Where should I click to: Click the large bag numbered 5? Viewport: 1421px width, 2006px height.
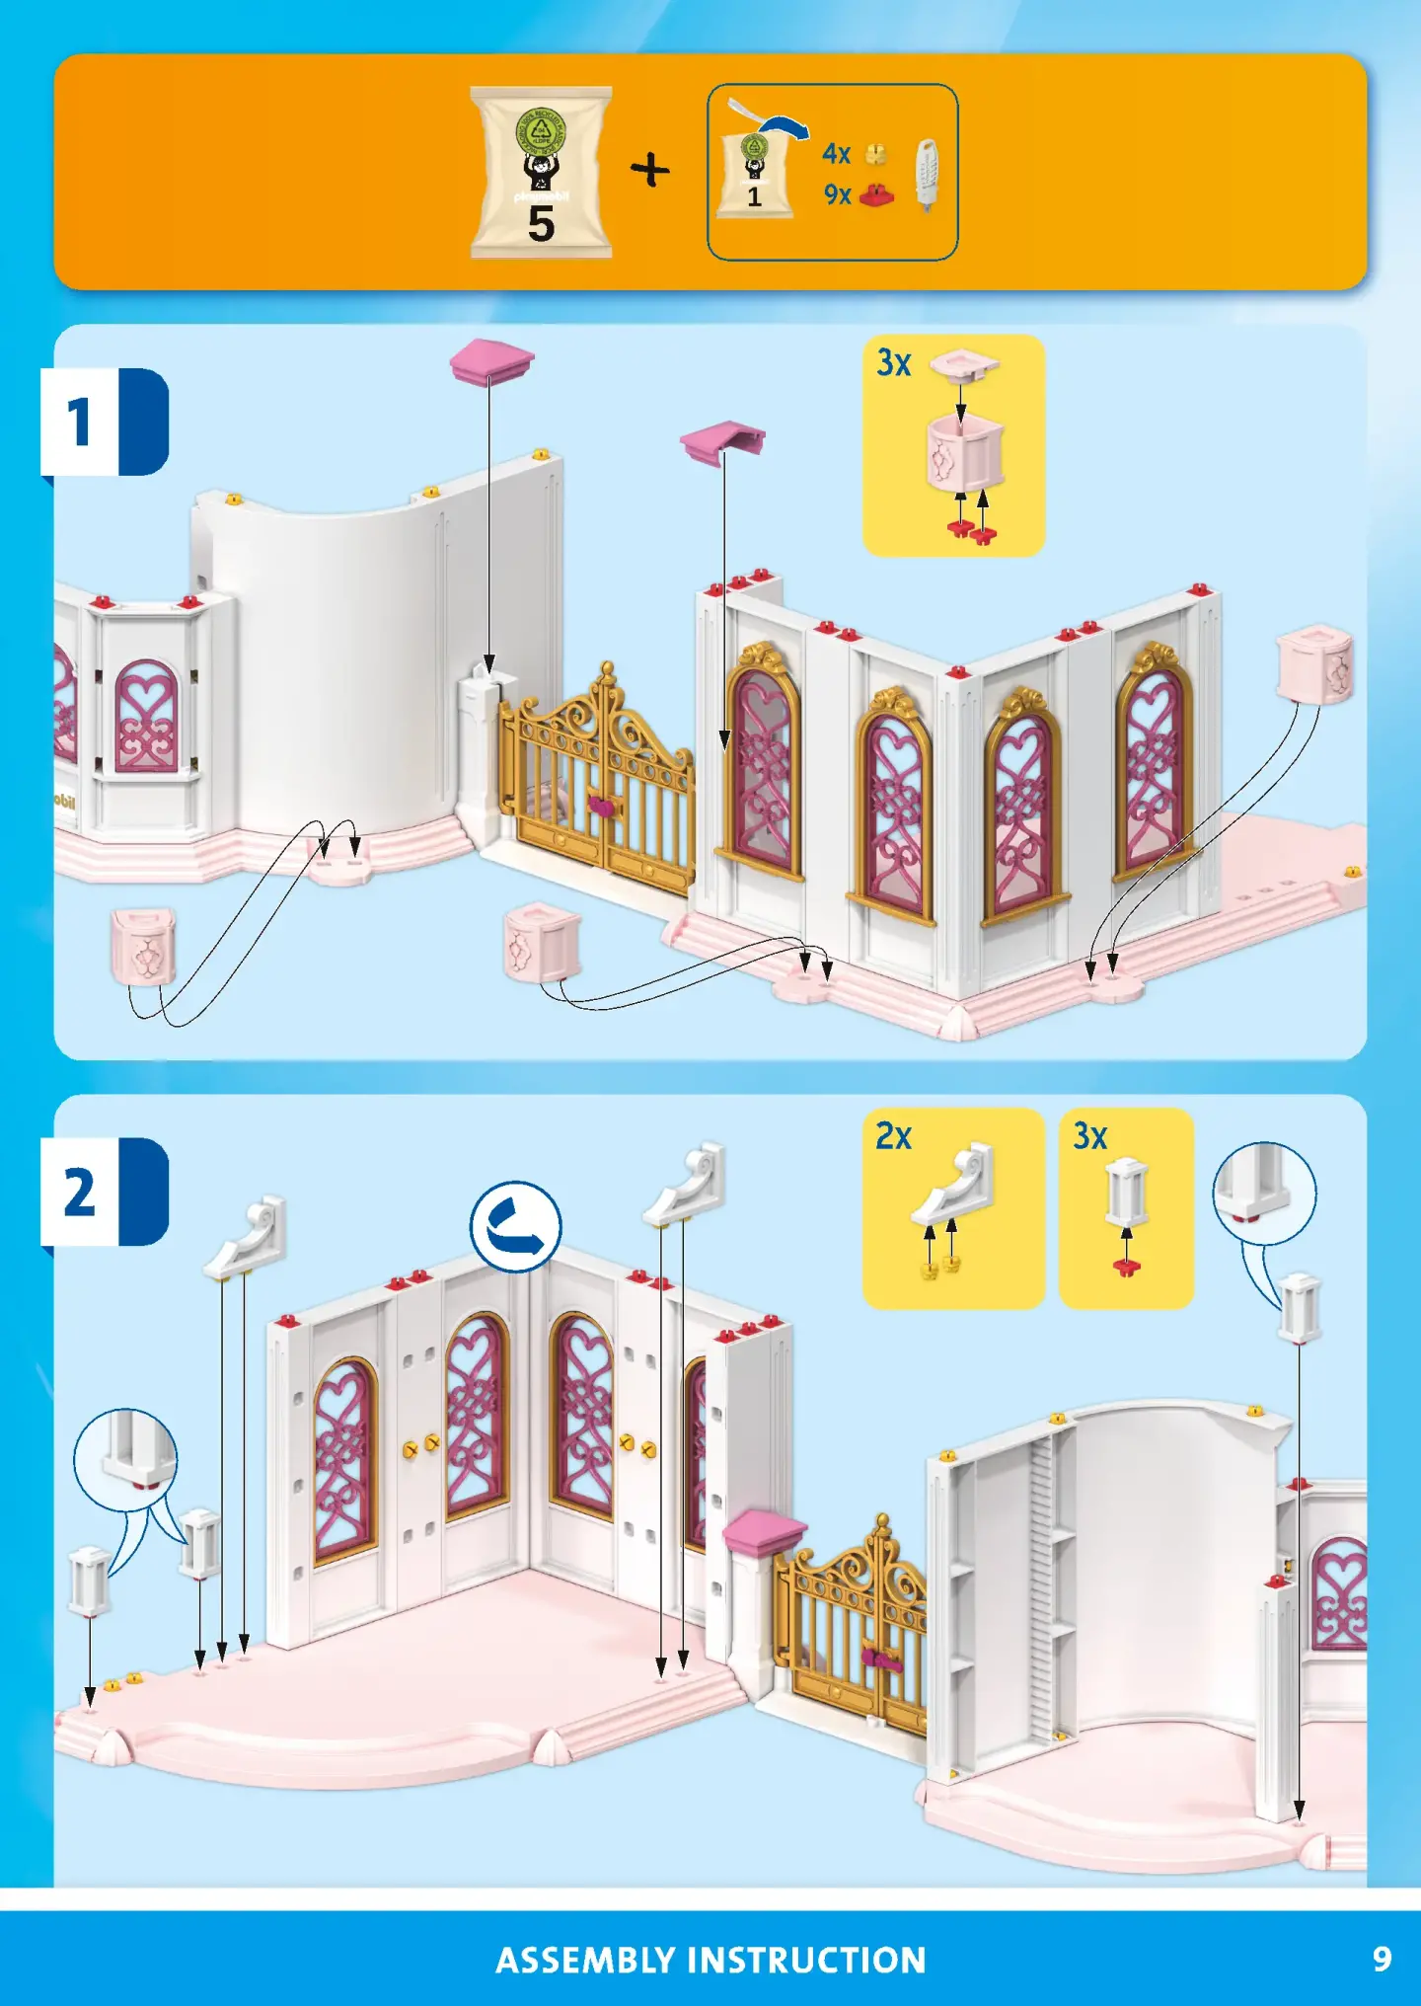pos(541,173)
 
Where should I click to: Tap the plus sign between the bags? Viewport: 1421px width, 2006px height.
pos(650,170)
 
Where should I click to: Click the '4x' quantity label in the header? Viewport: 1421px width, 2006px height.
pos(837,154)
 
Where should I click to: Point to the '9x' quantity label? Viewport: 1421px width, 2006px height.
pos(838,194)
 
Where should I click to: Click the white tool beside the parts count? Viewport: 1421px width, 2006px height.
pos(927,174)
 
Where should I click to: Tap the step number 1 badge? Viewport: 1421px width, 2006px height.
pos(80,422)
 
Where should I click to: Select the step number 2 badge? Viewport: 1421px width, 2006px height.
pos(80,1192)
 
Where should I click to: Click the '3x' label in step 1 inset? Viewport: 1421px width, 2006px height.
pos(894,363)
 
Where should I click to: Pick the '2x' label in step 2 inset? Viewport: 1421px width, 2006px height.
pos(894,1136)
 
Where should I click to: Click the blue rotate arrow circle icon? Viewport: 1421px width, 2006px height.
pos(515,1227)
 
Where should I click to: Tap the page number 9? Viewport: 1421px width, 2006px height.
pos(1383,1959)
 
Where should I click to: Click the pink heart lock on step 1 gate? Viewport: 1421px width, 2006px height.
pos(602,806)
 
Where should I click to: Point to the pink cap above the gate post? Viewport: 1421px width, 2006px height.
pos(491,362)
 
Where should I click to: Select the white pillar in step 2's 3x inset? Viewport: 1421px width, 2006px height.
pos(1126,1192)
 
